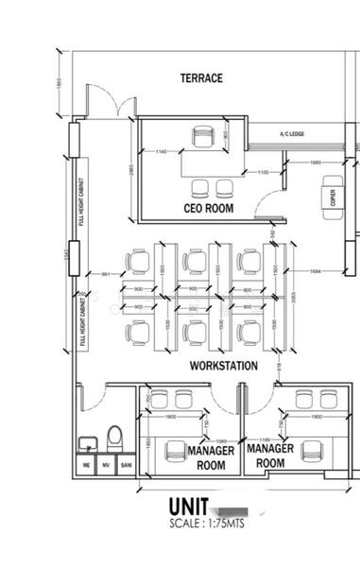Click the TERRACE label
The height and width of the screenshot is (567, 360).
click(x=201, y=78)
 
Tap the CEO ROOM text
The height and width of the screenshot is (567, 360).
click(x=208, y=207)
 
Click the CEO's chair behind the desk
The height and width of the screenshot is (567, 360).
click(x=203, y=138)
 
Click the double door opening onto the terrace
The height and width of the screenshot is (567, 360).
click(x=116, y=102)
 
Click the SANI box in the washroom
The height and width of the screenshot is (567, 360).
click(x=126, y=465)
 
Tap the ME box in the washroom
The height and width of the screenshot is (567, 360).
click(x=86, y=465)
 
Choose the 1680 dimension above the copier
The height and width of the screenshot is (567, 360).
click(x=316, y=163)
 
